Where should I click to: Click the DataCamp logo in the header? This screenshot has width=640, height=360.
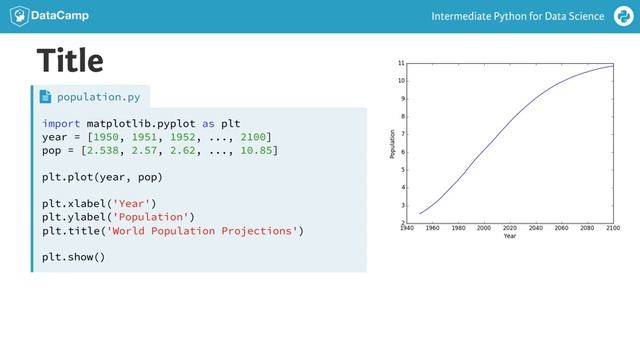(46, 17)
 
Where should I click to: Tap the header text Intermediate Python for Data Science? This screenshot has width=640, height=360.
(518, 17)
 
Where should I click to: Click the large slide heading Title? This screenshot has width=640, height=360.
(70, 61)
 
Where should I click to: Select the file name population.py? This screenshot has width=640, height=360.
(98, 97)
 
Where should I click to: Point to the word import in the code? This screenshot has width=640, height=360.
(61, 123)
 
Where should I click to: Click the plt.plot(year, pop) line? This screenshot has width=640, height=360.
(101, 177)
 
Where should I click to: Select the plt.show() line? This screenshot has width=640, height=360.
(73, 258)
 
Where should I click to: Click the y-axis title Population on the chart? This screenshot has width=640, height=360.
(392, 144)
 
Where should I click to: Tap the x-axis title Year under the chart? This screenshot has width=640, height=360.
(510, 236)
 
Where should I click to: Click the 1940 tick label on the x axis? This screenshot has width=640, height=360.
(406, 228)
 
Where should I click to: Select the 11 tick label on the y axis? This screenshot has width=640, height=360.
(400, 62)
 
